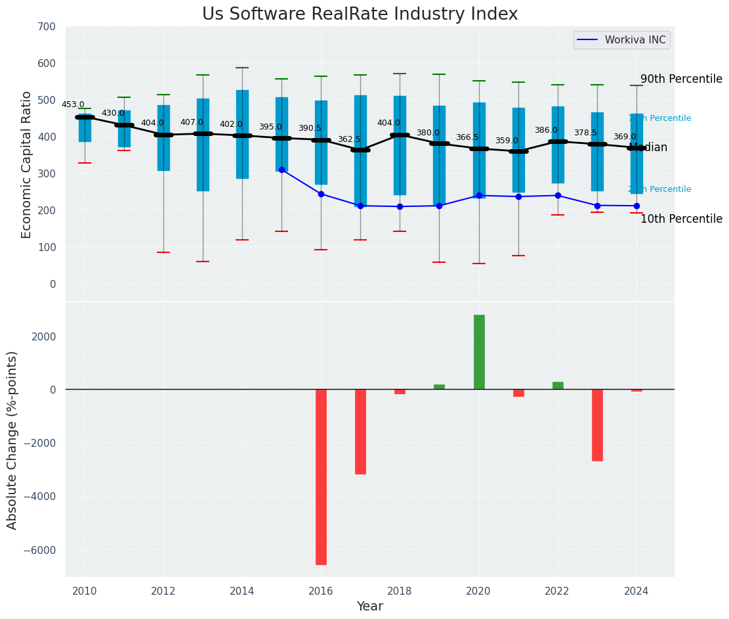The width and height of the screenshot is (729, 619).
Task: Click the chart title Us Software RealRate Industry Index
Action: tap(360, 14)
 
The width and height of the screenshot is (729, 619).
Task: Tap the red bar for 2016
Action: tap(321, 476)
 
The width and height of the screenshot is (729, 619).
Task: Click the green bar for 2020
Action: tap(479, 352)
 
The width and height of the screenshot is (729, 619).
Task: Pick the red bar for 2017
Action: tap(360, 431)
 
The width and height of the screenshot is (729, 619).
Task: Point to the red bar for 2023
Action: tap(597, 424)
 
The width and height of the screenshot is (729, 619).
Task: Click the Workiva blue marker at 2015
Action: tap(281, 170)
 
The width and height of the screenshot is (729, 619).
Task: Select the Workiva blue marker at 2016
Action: tap(321, 194)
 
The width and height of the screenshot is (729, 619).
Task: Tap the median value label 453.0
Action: tap(73, 104)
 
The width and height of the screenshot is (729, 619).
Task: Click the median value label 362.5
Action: tap(349, 140)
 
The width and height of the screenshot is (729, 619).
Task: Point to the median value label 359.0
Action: tap(507, 141)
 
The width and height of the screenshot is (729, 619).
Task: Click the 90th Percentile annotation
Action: tap(681, 79)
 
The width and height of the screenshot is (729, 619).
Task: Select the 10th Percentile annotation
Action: tap(681, 219)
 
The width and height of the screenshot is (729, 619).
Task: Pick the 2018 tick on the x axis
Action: tap(400, 591)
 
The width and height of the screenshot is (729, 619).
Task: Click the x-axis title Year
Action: tap(369, 607)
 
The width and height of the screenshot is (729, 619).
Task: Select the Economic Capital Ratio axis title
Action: tap(27, 164)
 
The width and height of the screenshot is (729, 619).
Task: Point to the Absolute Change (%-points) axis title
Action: tap(12, 440)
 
